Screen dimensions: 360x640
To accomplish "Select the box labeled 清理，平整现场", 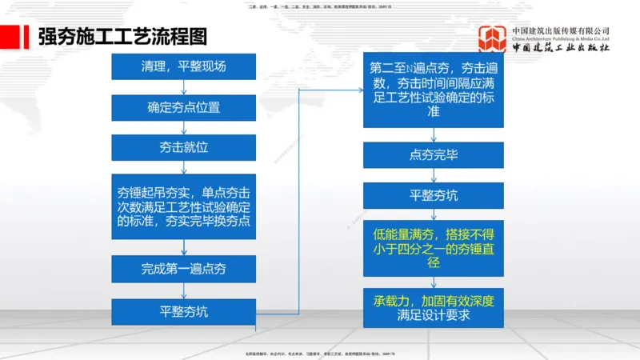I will [x=183, y=66].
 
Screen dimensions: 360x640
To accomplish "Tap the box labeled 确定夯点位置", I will [x=183, y=107].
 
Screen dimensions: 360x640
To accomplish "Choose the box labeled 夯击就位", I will [x=183, y=147].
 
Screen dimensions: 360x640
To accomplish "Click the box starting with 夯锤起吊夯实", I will [x=183, y=206].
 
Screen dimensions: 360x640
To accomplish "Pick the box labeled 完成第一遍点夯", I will [x=183, y=269].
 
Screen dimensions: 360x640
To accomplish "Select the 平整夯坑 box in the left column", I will [x=183, y=311].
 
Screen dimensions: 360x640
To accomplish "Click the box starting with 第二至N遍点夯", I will [x=434, y=90].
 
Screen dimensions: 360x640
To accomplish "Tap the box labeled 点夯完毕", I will [x=434, y=154].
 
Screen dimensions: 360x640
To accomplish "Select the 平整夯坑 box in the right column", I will [x=434, y=195].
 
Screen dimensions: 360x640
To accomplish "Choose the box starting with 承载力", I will [x=434, y=308].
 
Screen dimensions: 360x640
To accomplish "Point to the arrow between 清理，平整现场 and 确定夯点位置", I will [x=183, y=87].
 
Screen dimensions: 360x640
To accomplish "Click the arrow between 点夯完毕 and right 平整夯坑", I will [x=434, y=175].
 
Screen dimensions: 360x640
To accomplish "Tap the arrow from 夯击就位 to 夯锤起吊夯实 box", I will [x=183, y=167].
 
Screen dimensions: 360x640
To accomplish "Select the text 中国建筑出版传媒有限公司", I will [x=562, y=30].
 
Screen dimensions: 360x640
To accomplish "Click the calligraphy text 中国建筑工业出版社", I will [x=562, y=49].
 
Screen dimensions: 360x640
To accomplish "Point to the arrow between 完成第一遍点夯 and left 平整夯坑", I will [x=183, y=290].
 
